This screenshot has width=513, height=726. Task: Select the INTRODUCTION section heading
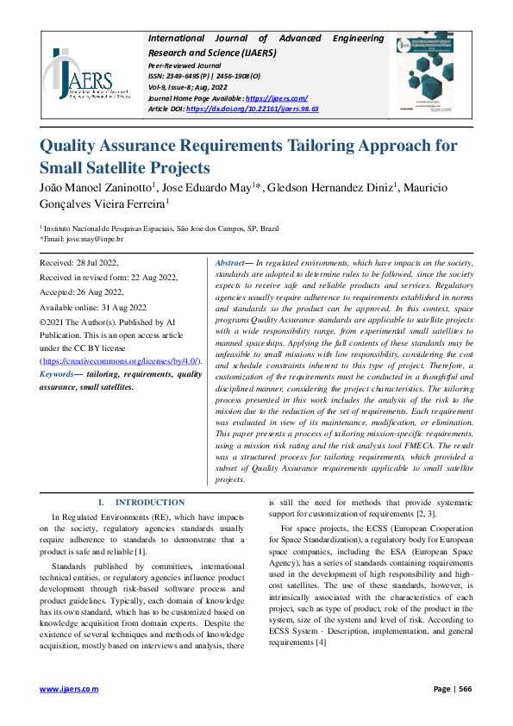[150, 502]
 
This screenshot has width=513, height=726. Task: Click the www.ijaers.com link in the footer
[70, 689]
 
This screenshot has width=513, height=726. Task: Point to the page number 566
[465, 689]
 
